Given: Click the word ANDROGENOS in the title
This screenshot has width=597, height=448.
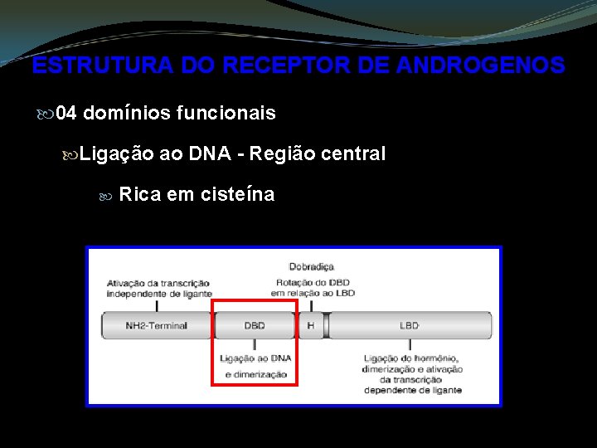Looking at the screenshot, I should pyautogui.click(x=480, y=66).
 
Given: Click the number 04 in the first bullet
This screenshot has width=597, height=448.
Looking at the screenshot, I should pyautogui.click(x=66, y=113).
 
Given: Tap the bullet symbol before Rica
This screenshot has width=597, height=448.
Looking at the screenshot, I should pyautogui.click(x=104, y=196).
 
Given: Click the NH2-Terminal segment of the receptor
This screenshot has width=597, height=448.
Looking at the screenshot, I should pyautogui.click(x=157, y=325).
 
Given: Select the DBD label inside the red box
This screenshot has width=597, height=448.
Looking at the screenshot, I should pyautogui.click(x=255, y=325).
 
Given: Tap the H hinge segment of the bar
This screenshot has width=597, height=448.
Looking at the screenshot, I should pyautogui.click(x=311, y=325).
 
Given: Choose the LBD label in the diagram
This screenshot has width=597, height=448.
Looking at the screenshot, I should pyautogui.click(x=410, y=325).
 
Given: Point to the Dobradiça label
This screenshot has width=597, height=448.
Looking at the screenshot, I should pyautogui.click(x=311, y=266).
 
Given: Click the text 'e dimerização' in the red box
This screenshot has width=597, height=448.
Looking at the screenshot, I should pyautogui.click(x=255, y=374).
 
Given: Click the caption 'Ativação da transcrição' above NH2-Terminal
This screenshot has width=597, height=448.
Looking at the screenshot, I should pyautogui.click(x=157, y=283).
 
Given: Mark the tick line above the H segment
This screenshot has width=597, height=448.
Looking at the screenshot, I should pyautogui.click(x=311, y=304).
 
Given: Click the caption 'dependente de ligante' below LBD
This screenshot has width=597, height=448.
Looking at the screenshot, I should pyautogui.click(x=412, y=390).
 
